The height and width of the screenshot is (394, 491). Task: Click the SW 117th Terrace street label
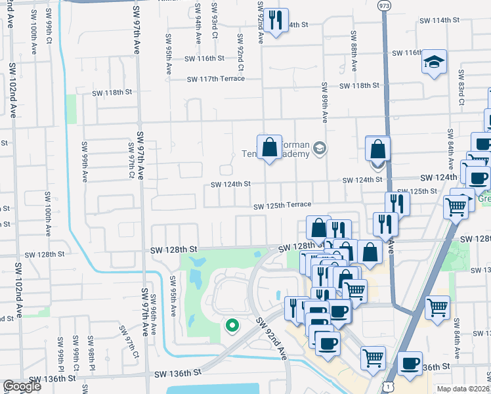215,79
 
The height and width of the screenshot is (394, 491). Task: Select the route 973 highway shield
382,5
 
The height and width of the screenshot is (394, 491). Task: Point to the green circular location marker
231,324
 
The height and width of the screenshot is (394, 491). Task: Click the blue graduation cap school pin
434,62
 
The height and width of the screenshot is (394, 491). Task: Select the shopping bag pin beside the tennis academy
269,147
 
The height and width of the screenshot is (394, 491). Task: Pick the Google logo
22,387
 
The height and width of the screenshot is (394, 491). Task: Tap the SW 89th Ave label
324,102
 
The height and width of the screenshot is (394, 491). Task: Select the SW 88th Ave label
353,51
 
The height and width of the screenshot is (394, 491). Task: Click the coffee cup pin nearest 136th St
410,364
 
